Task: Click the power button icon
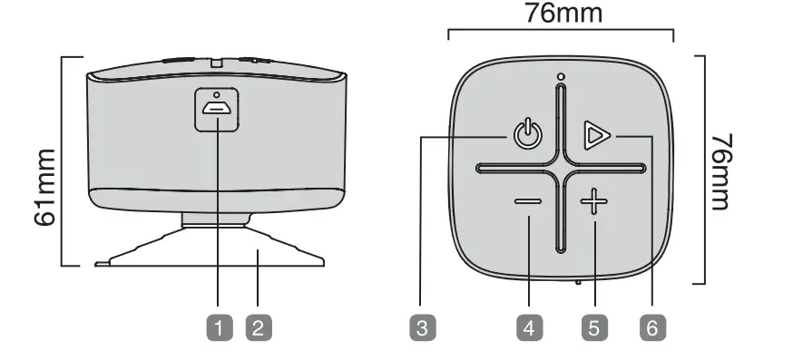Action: pos(528,136)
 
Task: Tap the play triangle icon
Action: pos(595,136)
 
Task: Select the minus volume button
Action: pos(528,202)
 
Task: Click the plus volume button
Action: pos(594,202)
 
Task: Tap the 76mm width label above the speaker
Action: pos(562,15)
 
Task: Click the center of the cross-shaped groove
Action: pos(562,169)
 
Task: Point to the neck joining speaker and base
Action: pos(215,218)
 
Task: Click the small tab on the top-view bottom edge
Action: pos(576,280)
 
